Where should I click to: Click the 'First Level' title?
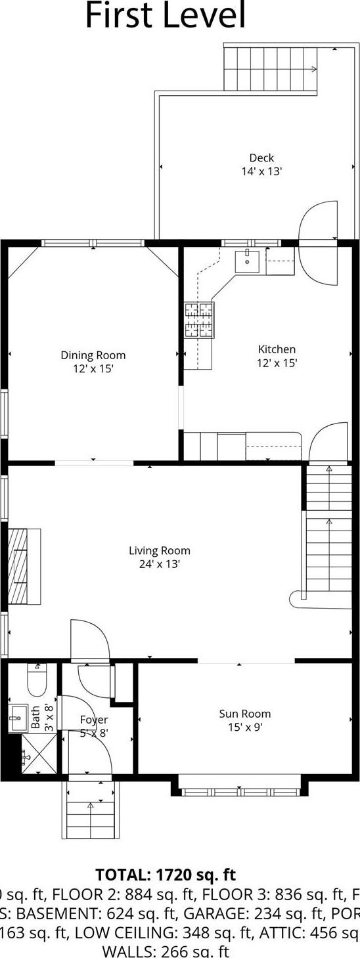coord(166,16)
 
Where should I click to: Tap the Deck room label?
coord(261,158)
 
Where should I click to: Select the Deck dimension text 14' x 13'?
coord(261,171)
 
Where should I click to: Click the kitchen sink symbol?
coord(249,261)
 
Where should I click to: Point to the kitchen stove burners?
coord(199,320)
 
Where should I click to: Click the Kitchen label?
coord(277,349)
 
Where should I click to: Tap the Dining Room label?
coord(93,355)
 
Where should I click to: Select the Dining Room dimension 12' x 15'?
coord(93,369)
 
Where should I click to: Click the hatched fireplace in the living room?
coord(19,566)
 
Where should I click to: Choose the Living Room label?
coord(160,551)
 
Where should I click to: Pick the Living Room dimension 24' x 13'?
coord(160,564)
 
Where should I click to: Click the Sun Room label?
coord(244,714)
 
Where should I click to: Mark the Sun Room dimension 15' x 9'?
coord(244,727)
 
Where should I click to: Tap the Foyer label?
coord(93,720)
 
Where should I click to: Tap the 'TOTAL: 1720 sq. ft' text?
coord(166,875)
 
